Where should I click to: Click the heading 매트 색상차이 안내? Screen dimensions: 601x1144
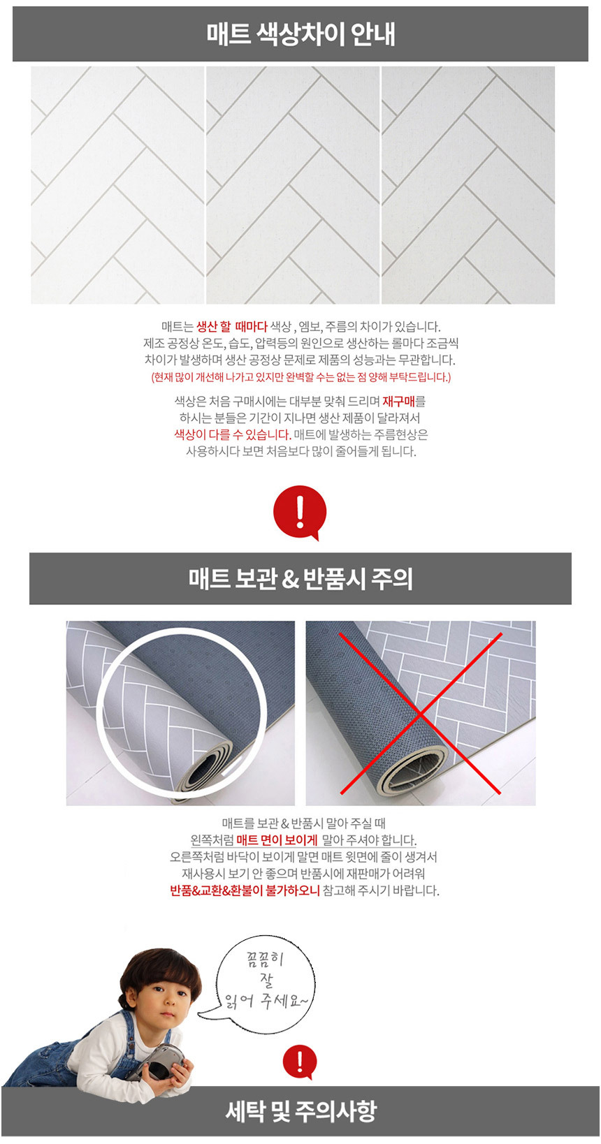tap(300, 34)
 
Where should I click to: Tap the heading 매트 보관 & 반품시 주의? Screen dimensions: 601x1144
tap(300, 579)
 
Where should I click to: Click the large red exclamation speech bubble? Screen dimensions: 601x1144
tap(300, 512)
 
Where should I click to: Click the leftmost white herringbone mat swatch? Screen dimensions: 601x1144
tap(117, 185)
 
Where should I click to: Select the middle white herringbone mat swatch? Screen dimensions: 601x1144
tap(293, 185)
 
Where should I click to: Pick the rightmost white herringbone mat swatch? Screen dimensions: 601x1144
tap(468, 185)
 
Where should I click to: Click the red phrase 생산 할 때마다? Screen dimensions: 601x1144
tap(232, 326)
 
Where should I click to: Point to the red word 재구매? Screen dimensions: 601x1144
tap(399, 401)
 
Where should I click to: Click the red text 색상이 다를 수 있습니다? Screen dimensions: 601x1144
tap(233, 434)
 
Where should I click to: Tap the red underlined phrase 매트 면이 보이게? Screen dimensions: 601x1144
tap(277, 839)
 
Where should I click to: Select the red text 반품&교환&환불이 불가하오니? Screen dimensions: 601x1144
tap(245, 890)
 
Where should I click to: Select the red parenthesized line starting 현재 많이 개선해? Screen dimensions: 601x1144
tap(301, 377)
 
